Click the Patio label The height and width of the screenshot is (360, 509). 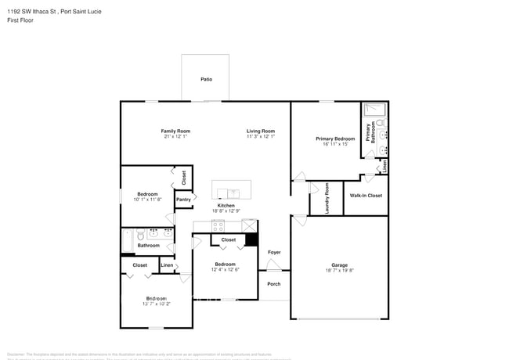point(206,79)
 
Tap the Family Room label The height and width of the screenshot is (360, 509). point(175,131)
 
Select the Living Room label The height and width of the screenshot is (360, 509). point(261,131)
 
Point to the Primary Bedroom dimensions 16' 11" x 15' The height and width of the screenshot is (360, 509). point(335,144)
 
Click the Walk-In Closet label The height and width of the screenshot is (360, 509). point(366,196)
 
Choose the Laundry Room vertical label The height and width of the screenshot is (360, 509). point(327,198)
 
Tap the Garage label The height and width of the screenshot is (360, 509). point(339,265)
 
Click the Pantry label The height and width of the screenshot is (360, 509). point(183,200)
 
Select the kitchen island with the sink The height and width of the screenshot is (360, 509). point(232,190)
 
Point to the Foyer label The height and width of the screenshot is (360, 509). point(274,252)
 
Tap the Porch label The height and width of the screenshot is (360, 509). point(274,284)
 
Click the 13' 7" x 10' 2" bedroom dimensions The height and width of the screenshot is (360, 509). point(156,304)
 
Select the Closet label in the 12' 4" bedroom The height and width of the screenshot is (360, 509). point(228,239)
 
